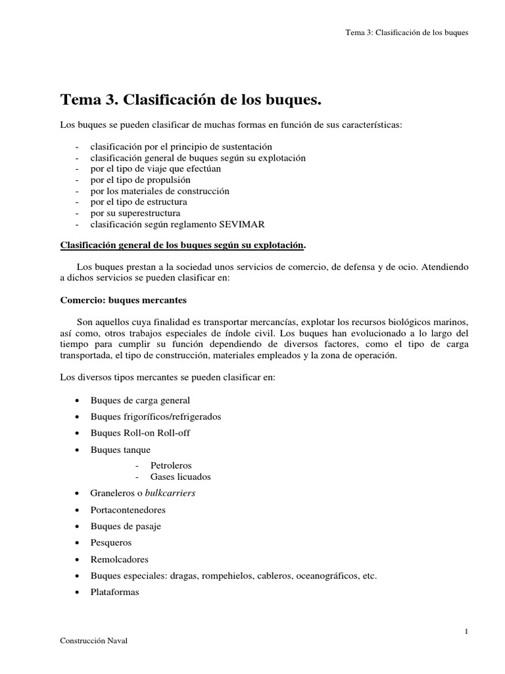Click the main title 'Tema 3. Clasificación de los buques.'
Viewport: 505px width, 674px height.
coord(191,99)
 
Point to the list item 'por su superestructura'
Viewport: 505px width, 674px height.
coord(135,213)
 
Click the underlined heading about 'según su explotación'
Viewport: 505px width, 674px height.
coord(183,245)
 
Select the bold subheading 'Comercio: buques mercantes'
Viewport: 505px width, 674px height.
coord(124,299)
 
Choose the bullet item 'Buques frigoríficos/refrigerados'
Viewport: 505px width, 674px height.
coord(156,417)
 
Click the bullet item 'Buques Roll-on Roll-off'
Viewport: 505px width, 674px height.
coord(140,433)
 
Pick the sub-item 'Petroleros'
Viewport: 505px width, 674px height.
coord(172,465)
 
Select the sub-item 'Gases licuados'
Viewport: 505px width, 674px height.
coord(180,476)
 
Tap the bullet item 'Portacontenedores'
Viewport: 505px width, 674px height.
coord(128,509)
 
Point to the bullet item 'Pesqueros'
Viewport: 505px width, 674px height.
coord(111,542)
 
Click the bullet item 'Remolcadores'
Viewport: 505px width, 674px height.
coord(120,559)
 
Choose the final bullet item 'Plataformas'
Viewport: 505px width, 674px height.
coord(115,592)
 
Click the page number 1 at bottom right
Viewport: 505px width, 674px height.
coord(466,632)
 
